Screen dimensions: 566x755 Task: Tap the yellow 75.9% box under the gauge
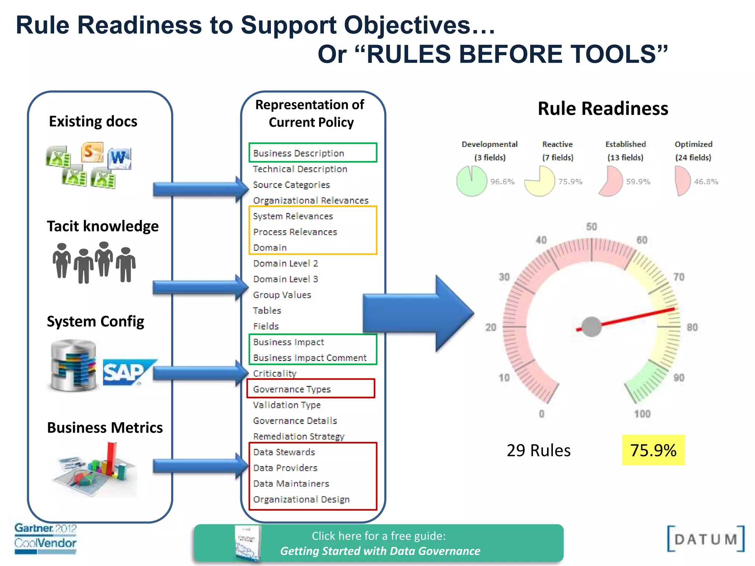pyautogui.click(x=653, y=450)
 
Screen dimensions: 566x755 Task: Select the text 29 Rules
pyautogui.click(x=539, y=450)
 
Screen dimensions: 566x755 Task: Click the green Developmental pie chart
pyautogui.click(x=472, y=181)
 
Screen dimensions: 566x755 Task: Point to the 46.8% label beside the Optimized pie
pyautogui.click(x=706, y=181)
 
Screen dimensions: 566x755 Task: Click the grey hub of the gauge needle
pyautogui.click(x=592, y=327)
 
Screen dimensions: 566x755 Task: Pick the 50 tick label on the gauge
pyautogui.click(x=592, y=227)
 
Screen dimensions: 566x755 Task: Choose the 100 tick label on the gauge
pyautogui.click(x=642, y=414)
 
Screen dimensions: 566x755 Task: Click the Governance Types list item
pyautogui.click(x=292, y=389)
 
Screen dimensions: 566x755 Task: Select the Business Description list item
pyautogui.click(x=299, y=153)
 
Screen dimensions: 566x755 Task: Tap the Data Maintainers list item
pyautogui.click(x=291, y=483)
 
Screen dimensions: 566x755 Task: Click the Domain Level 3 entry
pyautogui.click(x=286, y=279)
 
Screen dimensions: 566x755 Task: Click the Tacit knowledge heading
pyautogui.click(x=102, y=226)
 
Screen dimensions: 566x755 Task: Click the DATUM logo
pyautogui.click(x=706, y=539)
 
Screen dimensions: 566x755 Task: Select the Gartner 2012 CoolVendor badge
pyautogui.click(x=45, y=538)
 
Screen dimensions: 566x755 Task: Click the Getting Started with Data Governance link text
pyautogui.click(x=380, y=551)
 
